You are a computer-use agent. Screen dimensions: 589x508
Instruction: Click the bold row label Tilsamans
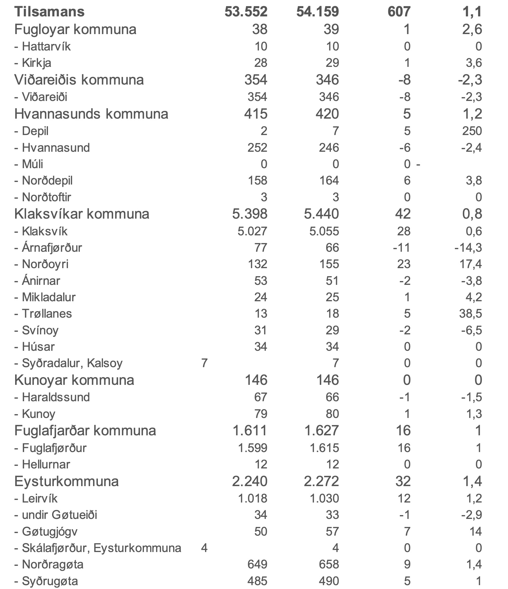tap(49, 12)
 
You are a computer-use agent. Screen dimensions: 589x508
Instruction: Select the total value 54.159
tap(317, 12)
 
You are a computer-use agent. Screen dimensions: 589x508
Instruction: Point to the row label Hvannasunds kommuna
tap(91, 114)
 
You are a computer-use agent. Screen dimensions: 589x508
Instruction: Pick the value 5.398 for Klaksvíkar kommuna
tap(249, 214)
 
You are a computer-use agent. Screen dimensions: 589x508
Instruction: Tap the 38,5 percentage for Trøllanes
tap(471, 314)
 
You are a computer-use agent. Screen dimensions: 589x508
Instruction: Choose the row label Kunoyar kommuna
tap(74, 380)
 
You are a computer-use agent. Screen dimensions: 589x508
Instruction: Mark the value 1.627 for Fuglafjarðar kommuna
tap(321, 431)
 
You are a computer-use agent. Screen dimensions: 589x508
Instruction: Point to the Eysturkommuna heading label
tap(67, 482)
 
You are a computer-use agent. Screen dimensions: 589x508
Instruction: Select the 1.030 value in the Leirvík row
tap(324, 499)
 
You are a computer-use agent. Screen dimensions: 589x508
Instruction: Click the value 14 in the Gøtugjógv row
tap(475, 531)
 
